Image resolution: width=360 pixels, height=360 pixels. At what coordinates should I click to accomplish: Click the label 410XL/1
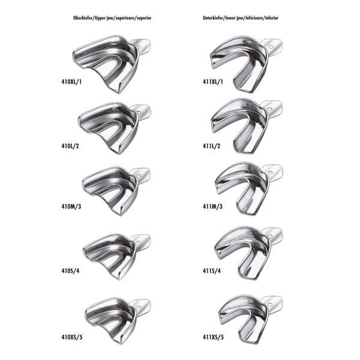coord(71,82)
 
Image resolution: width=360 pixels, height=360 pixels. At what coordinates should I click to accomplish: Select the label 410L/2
coord(70,146)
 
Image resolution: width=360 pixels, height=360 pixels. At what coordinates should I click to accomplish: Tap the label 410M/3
coord(71,206)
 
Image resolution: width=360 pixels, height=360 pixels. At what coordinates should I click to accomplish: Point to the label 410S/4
coord(70,271)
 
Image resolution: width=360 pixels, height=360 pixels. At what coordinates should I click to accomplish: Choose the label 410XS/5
coord(72,337)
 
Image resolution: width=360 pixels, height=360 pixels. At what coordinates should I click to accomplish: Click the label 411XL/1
coord(212,82)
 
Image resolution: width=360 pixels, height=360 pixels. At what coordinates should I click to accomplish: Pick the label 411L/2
coord(211,146)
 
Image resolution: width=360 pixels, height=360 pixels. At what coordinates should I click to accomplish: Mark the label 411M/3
coord(212,206)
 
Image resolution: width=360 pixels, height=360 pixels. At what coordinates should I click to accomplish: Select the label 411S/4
coord(212,271)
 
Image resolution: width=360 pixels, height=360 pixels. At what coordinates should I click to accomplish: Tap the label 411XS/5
coord(213,337)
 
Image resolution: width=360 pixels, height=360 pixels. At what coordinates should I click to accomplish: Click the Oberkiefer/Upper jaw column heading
coord(112,18)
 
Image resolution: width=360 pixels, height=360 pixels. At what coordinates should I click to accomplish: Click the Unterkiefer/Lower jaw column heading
coord(241,18)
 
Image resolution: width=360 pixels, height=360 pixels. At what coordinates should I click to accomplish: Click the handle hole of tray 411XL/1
coord(271,47)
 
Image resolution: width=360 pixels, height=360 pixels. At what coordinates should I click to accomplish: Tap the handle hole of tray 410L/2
coord(139,113)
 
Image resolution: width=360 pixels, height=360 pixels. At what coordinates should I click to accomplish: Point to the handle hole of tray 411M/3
coord(271,172)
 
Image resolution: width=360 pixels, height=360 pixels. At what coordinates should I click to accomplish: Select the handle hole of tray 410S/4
coord(139,242)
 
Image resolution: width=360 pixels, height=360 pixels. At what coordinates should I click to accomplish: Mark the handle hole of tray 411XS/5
coord(270,305)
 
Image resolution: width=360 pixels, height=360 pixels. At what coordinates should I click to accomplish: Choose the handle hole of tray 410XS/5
coord(138,307)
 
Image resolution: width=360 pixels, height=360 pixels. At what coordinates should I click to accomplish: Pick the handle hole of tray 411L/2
coord(271,109)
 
